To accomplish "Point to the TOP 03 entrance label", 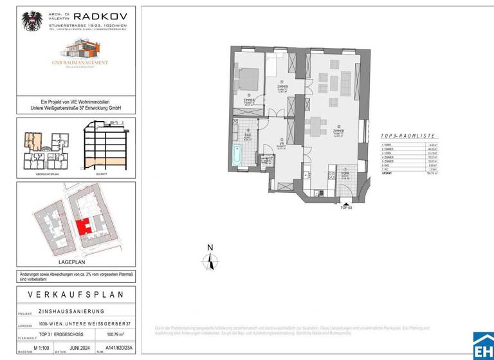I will pos(347,208).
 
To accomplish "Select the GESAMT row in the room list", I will pos(408,173).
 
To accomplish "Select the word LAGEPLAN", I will pos(71,263).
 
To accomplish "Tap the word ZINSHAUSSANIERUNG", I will pos(71,310).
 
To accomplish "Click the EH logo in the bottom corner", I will pos(483,346).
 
